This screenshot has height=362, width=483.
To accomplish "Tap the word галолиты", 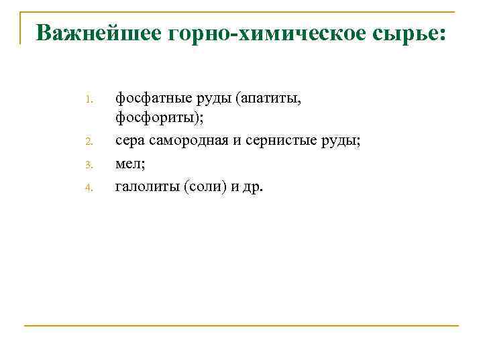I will tap(144, 185).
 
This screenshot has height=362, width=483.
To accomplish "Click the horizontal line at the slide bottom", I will tap(241, 326).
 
